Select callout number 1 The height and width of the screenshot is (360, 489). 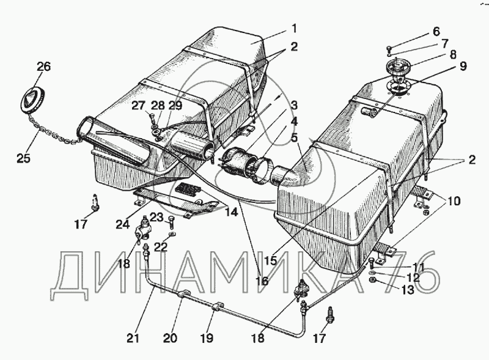(293, 28)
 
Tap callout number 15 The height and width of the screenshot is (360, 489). (271, 259)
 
